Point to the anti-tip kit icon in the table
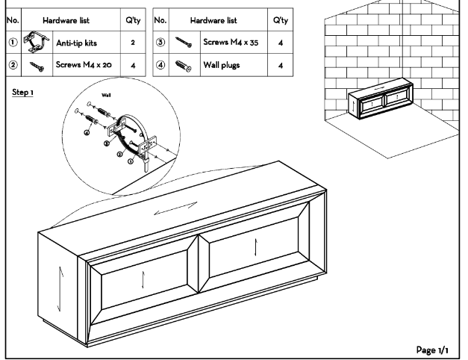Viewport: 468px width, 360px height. pos(34,43)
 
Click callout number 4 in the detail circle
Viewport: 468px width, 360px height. pos(87,133)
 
